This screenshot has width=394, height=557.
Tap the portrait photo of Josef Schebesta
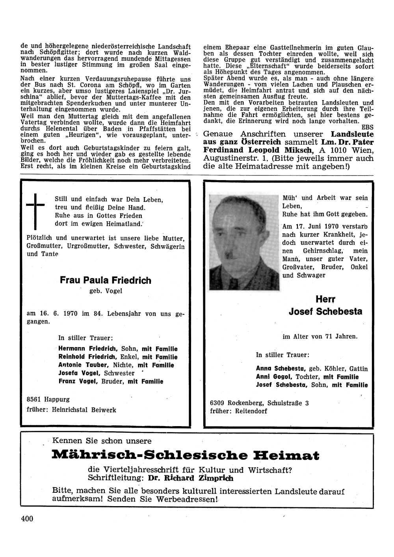pos(245,242)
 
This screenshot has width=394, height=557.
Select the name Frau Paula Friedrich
pos(105,280)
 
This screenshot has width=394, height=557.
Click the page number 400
pos(27,518)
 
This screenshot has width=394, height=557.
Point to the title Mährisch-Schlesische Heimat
pos(185,456)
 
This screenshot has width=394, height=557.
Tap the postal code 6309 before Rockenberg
pos(218,403)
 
